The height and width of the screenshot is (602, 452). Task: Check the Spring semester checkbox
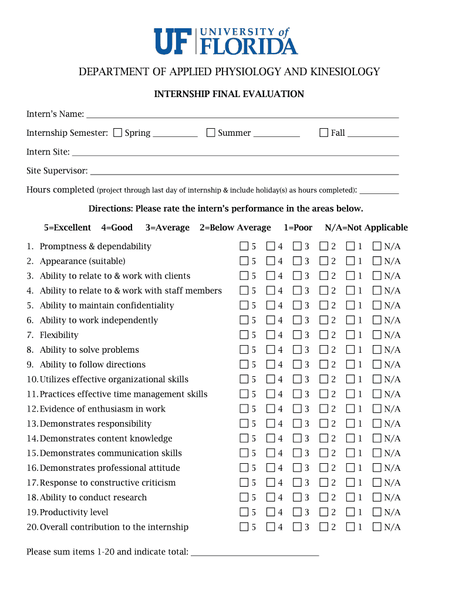click(x=118, y=133)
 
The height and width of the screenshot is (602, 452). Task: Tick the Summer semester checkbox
click(x=211, y=133)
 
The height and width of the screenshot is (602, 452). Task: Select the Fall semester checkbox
click(x=323, y=133)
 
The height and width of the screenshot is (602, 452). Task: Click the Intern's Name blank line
click(x=242, y=114)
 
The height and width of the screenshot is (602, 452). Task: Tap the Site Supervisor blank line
click(x=244, y=171)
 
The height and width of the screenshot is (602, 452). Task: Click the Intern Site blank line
click(x=235, y=152)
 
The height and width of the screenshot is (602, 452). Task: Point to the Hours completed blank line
click(x=379, y=190)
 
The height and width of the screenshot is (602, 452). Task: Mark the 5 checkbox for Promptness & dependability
click(x=244, y=246)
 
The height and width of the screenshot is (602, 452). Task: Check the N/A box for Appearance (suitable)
click(x=377, y=261)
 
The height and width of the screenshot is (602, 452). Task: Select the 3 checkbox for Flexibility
click(x=297, y=335)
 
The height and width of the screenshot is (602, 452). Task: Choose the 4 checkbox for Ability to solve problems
click(x=271, y=350)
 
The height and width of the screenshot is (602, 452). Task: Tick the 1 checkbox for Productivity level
click(x=350, y=512)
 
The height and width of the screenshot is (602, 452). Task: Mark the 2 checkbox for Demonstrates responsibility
click(x=324, y=424)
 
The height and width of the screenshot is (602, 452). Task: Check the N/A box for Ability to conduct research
click(x=377, y=497)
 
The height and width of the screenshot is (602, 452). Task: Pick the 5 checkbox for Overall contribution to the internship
click(x=244, y=527)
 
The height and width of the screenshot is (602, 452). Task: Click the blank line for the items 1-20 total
click(x=255, y=552)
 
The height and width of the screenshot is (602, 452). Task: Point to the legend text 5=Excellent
click(x=68, y=228)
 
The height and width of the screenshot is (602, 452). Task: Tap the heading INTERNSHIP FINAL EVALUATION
click(x=229, y=94)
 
